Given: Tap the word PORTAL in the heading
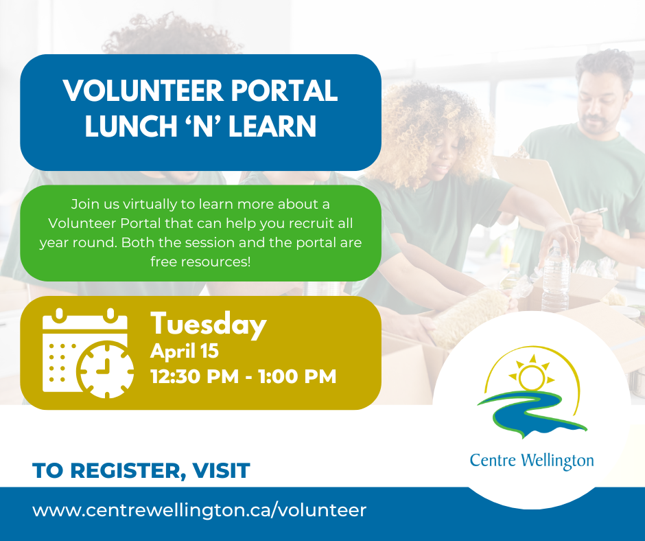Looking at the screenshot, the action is click(x=284, y=91).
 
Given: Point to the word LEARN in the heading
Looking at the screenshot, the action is click(x=272, y=126).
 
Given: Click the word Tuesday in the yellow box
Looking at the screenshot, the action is click(x=209, y=325).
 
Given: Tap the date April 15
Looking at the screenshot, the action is click(x=185, y=352).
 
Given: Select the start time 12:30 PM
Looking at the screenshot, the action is click(x=195, y=376).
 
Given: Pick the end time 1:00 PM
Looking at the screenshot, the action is click(x=297, y=376).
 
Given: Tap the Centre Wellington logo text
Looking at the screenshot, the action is click(x=532, y=461).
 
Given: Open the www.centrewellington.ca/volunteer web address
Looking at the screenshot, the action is click(x=199, y=510).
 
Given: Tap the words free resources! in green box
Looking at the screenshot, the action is click(x=200, y=262).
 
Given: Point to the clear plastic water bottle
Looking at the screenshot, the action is click(x=556, y=276).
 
